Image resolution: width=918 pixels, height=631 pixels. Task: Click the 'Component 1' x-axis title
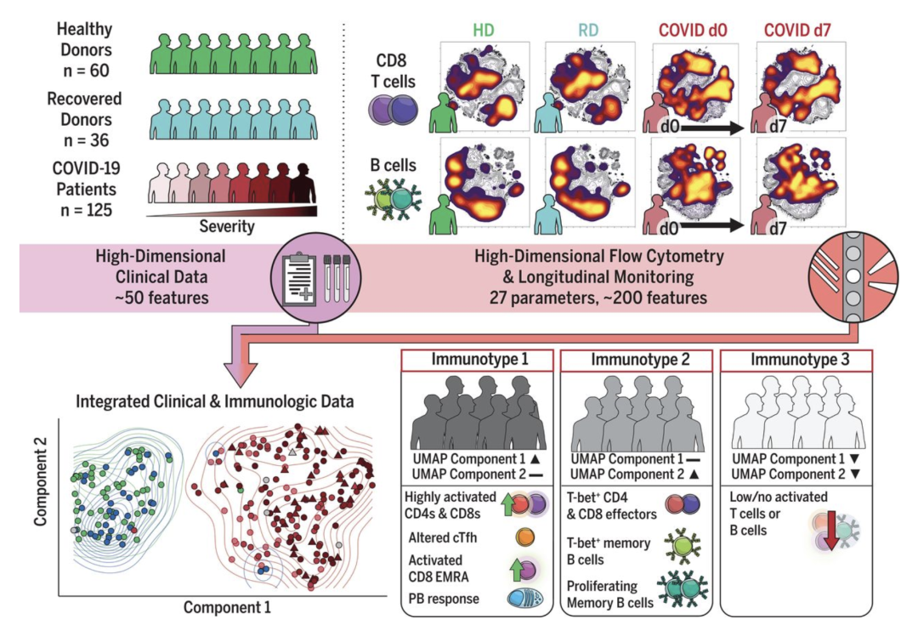coord(229,607)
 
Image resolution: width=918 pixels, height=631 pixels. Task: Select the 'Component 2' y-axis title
coord(39,502)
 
